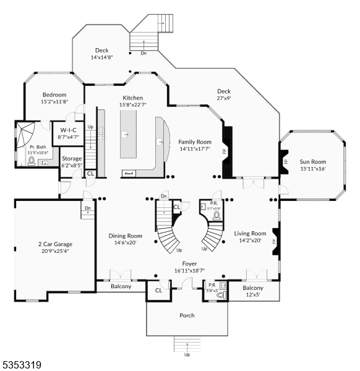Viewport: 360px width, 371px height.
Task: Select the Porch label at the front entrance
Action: (x=187, y=315)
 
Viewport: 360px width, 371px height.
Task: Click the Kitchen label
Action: (x=132, y=98)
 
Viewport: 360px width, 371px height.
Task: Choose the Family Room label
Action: (x=195, y=142)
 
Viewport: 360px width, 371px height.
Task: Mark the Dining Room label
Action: (x=126, y=236)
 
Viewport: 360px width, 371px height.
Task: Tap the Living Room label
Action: (x=250, y=233)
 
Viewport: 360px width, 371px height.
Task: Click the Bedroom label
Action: (x=54, y=95)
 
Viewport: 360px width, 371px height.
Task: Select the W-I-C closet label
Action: (x=67, y=130)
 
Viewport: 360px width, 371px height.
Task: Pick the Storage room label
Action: (x=72, y=158)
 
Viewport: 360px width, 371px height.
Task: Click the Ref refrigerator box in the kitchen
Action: (x=129, y=174)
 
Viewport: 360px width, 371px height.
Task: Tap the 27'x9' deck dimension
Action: (x=224, y=98)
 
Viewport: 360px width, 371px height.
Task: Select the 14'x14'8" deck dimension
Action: (x=102, y=58)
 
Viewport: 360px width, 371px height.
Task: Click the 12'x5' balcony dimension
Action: (x=253, y=295)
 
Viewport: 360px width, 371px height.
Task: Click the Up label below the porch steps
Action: (x=187, y=355)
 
